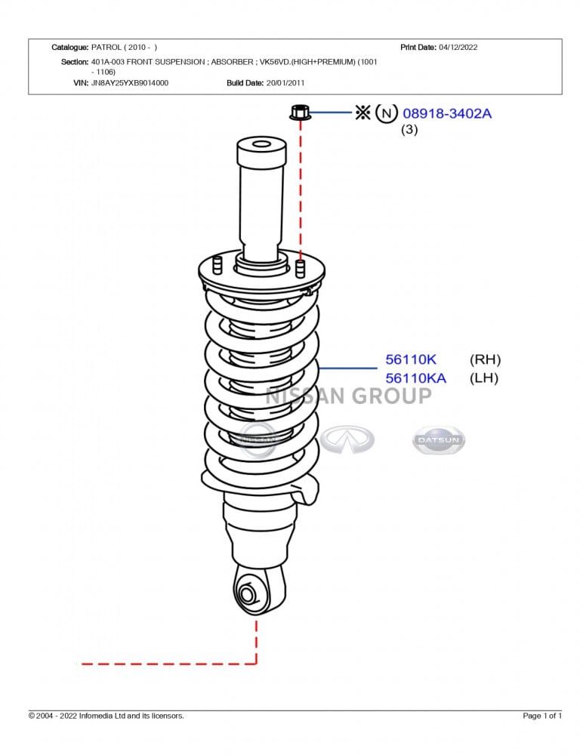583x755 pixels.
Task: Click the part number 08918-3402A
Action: click(x=446, y=114)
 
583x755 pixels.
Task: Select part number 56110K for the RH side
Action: click(x=411, y=359)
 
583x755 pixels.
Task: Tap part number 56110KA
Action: click(x=416, y=378)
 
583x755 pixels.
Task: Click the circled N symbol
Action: click(x=386, y=114)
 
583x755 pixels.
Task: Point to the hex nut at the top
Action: click(x=300, y=112)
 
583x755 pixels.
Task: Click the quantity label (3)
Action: click(x=409, y=130)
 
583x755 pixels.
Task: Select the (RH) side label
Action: click(x=485, y=359)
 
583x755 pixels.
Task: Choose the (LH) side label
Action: click(x=484, y=378)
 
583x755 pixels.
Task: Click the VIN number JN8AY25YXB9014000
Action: click(x=130, y=83)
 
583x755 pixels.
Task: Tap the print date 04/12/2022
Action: click(x=458, y=47)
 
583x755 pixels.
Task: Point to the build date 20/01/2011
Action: click(x=285, y=83)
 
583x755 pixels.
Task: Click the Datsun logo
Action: click(x=439, y=439)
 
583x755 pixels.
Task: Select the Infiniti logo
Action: click(x=347, y=439)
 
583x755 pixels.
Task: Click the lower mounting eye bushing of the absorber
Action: click(x=247, y=593)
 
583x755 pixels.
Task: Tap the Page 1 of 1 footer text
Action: click(x=542, y=716)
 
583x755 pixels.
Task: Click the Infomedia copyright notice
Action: click(x=106, y=716)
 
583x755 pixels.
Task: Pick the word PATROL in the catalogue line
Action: click(x=106, y=47)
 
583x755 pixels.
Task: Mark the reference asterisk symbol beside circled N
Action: click(x=362, y=113)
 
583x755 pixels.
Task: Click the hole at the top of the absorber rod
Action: click(x=261, y=144)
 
